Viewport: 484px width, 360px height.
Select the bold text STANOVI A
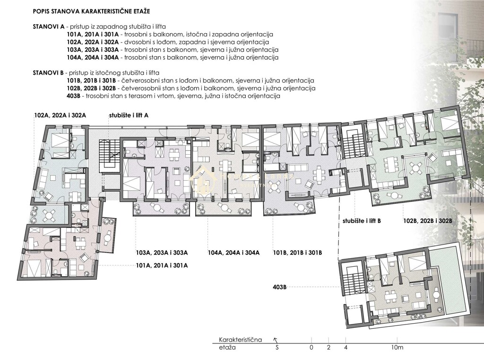(49, 26)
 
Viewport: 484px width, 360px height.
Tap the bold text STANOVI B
(49, 73)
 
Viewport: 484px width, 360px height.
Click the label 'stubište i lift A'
(129, 115)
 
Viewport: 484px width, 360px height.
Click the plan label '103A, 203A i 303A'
(162, 253)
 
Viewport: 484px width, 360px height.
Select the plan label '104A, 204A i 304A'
(233, 253)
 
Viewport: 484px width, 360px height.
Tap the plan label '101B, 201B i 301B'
(298, 253)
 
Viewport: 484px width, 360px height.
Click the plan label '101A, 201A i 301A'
(162, 265)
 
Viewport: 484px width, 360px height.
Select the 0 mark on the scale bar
(311, 348)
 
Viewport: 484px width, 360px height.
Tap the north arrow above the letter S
(276, 339)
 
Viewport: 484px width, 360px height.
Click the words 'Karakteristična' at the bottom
(240, 340)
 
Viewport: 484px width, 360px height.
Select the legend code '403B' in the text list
(75, 96)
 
